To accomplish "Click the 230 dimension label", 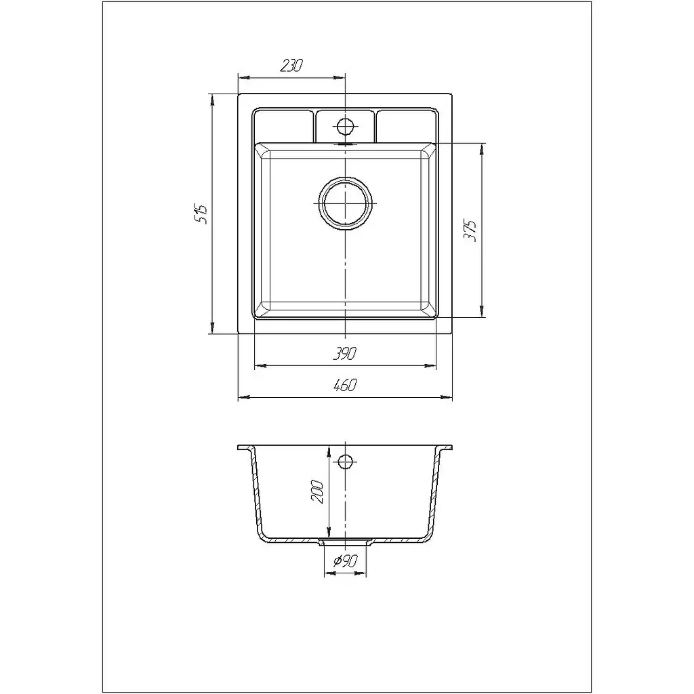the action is (291, 66).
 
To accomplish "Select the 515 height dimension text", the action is (201, 214).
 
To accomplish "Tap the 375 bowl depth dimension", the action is (470, 230).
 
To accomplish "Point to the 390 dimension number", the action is (344, 354).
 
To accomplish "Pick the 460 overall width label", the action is (344, 386).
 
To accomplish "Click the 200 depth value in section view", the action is (318, 491).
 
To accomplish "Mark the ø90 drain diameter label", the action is (345, 561).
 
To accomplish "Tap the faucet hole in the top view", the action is (345, 127).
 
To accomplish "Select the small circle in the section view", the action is (345, 462).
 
